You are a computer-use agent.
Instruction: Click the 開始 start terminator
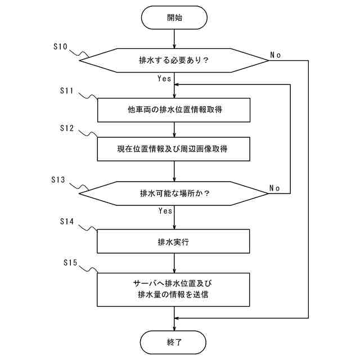pos(174,17)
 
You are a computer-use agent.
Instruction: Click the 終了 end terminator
pos(173,343)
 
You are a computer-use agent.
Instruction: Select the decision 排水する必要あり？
pos(174,60)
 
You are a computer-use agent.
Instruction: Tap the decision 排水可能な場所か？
pos(174,193)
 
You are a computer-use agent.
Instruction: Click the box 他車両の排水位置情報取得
pos(174,110)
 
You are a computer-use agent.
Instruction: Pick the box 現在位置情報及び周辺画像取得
pos(174,149)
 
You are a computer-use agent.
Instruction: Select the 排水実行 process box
pos(173,241)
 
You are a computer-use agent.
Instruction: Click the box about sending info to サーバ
pos(173,290)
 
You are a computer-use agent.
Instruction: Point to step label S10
pos(60,47)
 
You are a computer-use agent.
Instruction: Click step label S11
pos(66,91)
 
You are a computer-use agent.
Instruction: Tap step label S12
pos(67,128)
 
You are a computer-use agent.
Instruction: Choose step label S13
pos(58,180)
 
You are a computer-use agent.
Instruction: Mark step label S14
pos(67,221)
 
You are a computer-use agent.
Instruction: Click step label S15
pos(70,263)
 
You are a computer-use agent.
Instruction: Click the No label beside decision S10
pos(275,55)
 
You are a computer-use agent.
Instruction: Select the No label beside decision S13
pos(274,188)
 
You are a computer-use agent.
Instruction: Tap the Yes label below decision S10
pos(164,79)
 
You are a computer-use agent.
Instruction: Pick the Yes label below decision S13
pos(165,210)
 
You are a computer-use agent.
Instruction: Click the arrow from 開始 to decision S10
pos(174,39)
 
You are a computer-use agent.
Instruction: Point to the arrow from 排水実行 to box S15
pos(174,263)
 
